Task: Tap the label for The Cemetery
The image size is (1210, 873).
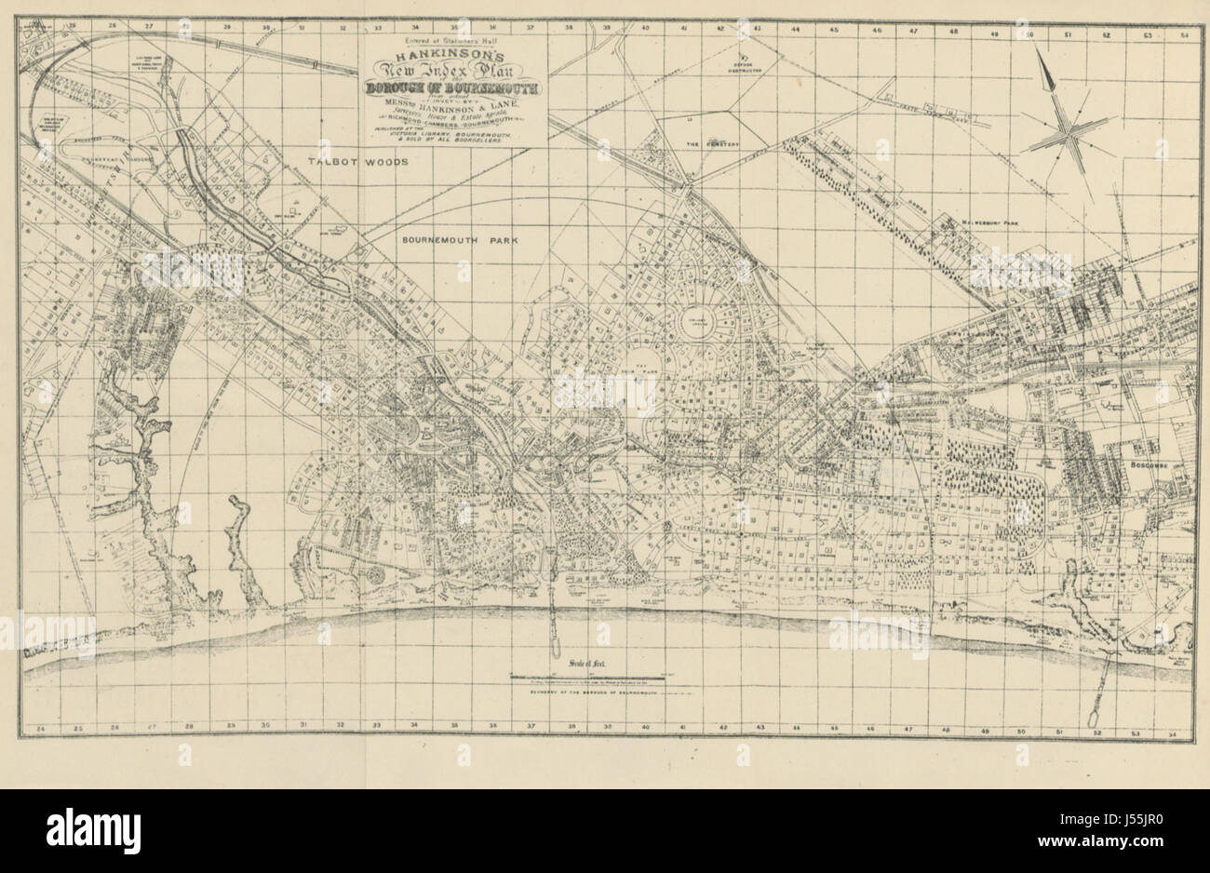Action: coord(705,145)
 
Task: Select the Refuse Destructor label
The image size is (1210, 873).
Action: coord(744,66)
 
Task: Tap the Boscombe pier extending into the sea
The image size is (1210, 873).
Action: coord(1106,689)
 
